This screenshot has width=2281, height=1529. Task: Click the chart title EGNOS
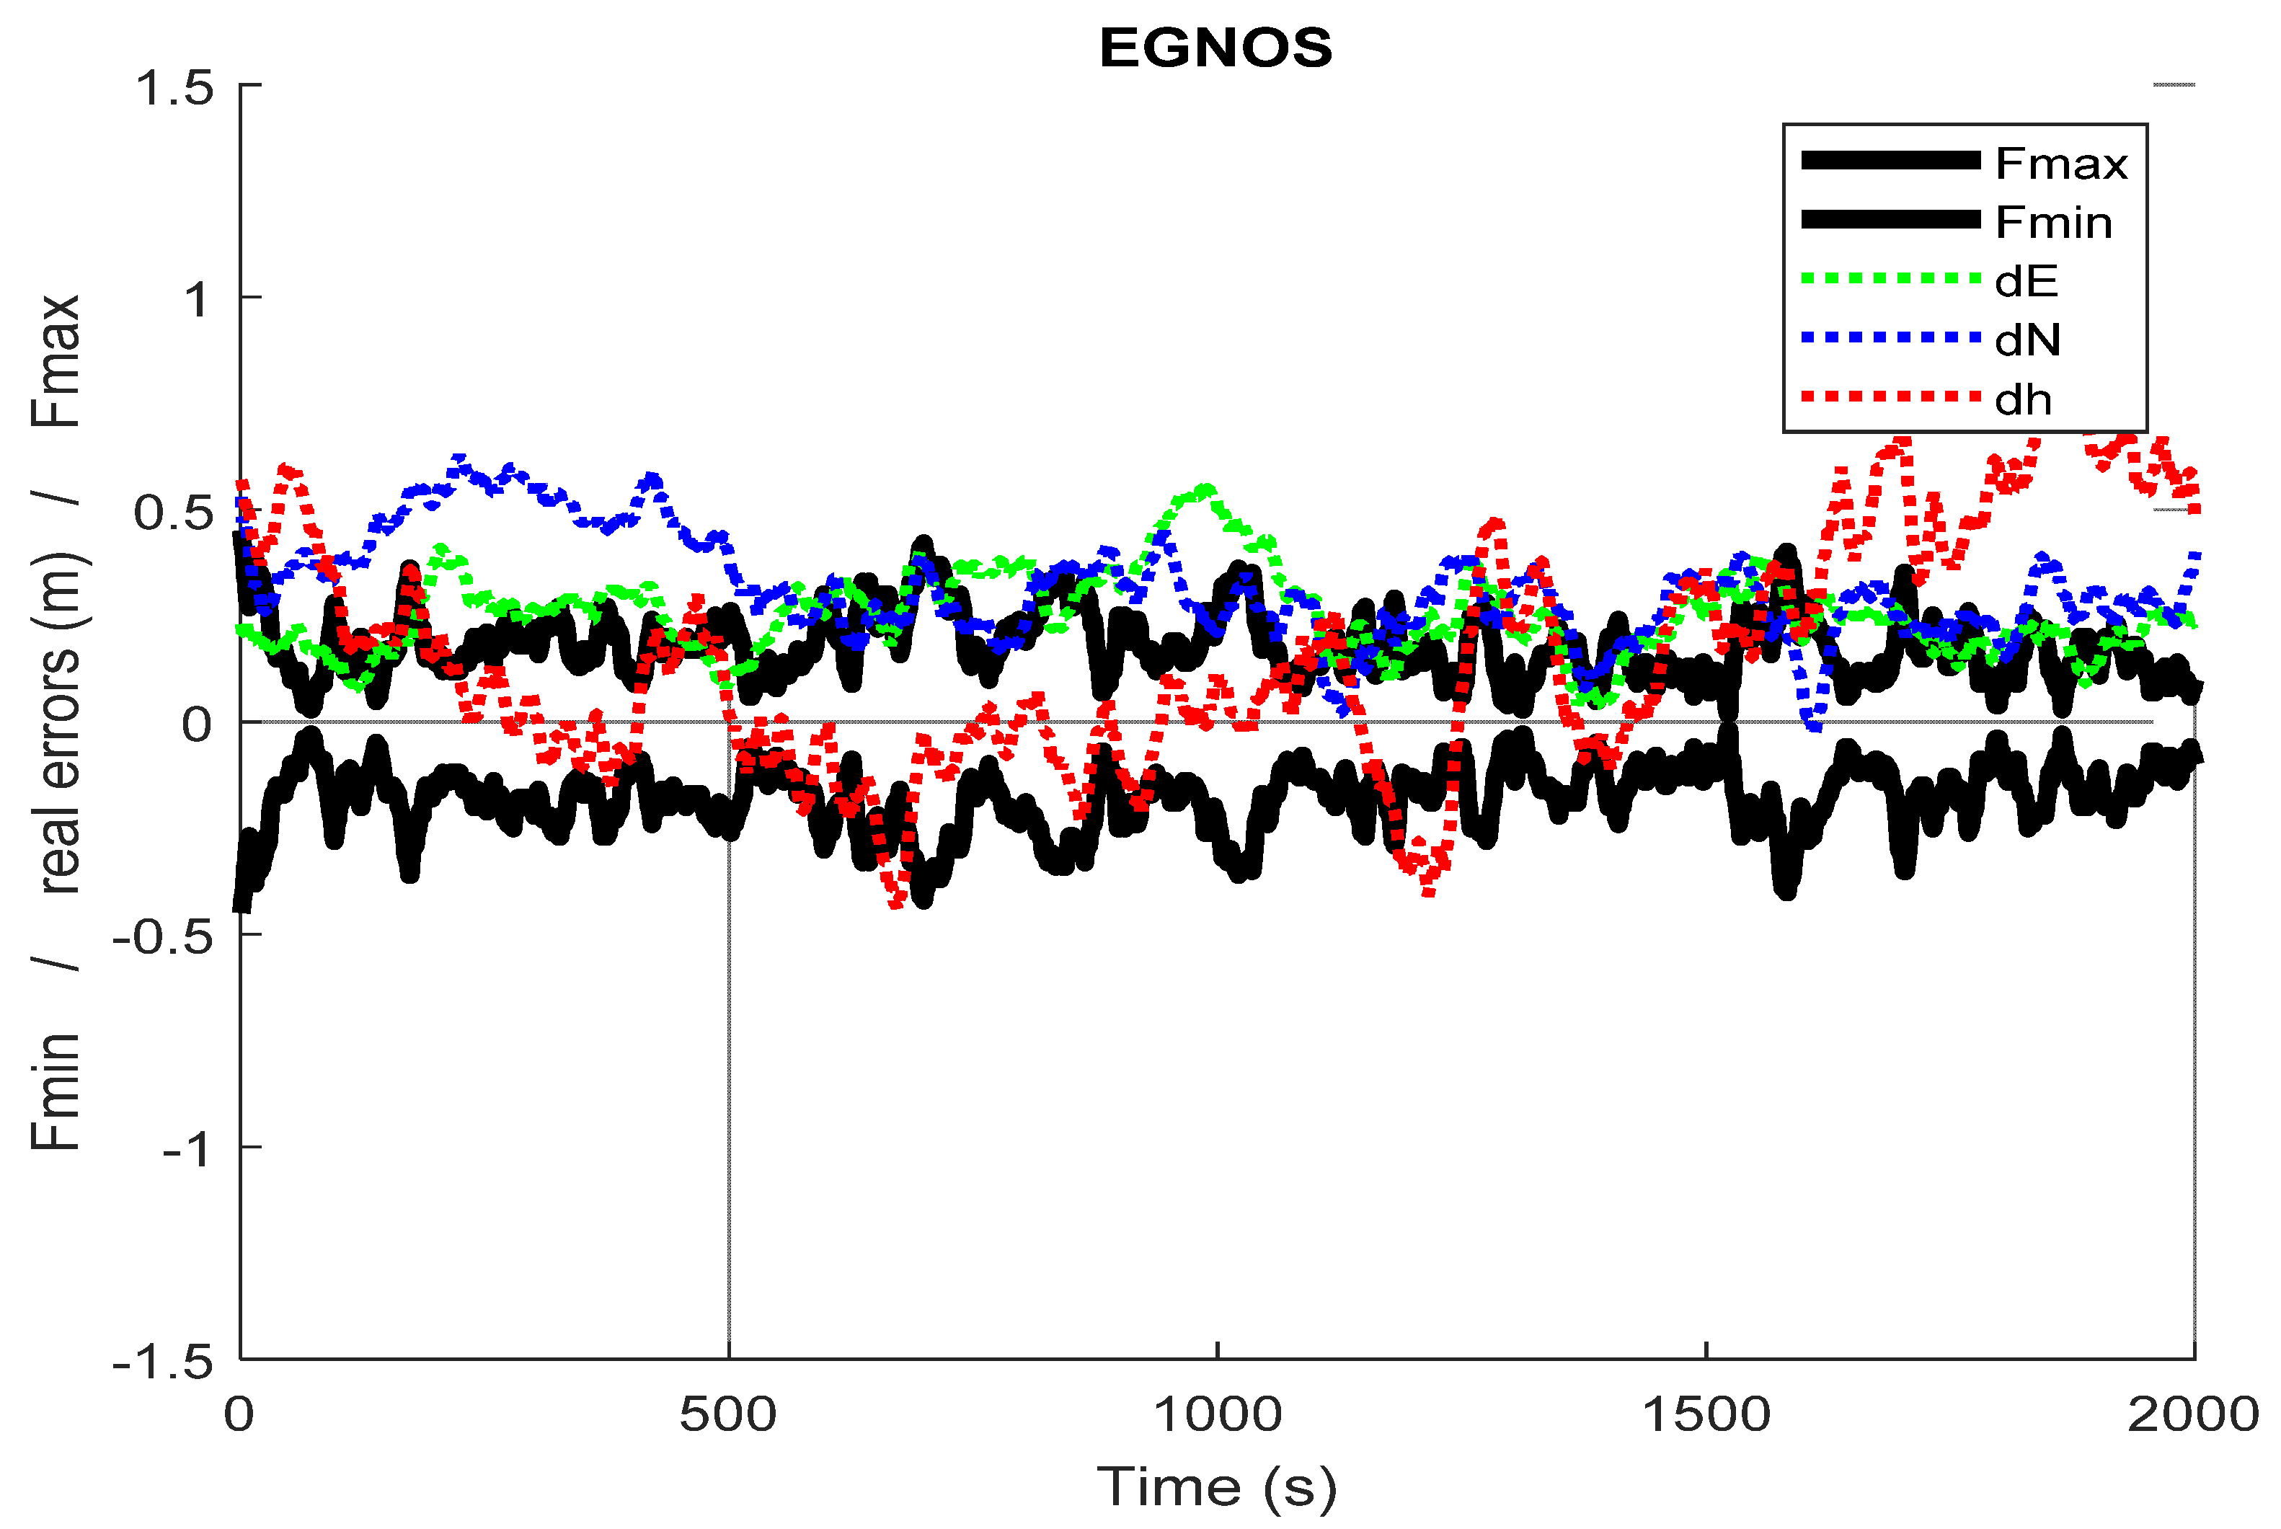(x=1215, y=48)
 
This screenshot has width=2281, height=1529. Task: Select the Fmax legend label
(x=2060, y=164)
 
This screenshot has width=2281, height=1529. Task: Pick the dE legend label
(x=2027, y=282)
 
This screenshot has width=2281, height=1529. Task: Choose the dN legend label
(x=2027, y=340)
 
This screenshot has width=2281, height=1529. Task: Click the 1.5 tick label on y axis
(x=174, y=88)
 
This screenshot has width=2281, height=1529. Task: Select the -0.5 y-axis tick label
(x=162, y=937)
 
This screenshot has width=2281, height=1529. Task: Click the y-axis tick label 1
(x=198, y=299)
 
